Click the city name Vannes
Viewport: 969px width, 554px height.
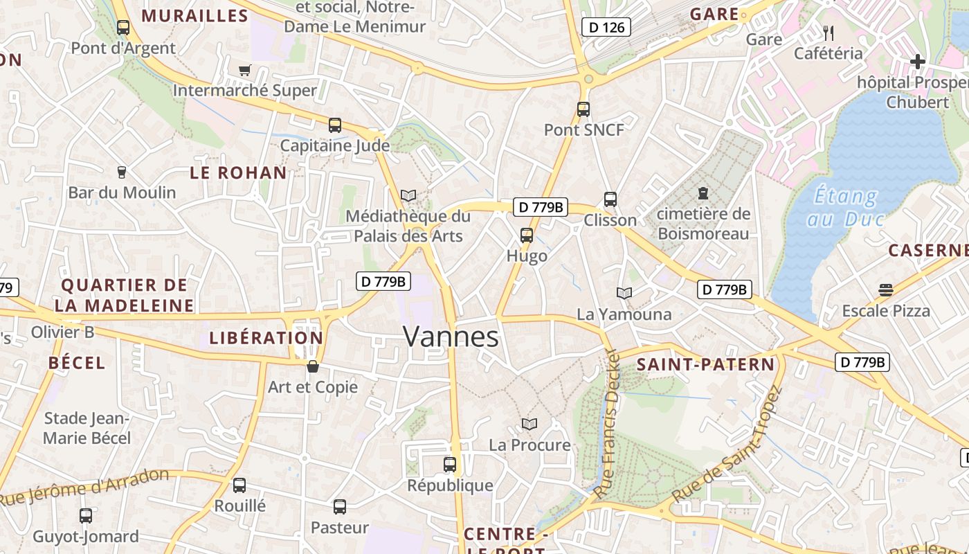pyautogui.click(x=451, y=337)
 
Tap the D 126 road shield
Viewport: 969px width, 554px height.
pyautogui.click(x=606, y=28)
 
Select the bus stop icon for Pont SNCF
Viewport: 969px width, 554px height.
pyautogui.click(x=583, y=109)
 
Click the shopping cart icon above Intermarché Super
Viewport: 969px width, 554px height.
pyautogui.click(x=244, y=70)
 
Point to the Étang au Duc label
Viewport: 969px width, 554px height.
pyautogui.click(x=846, y=208)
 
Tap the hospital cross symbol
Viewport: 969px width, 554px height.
pyautogui.click(x=918, y=62)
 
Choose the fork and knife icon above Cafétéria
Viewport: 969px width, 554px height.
pyautogui.click(x=828, y=33)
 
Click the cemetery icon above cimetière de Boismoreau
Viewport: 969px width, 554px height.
pyautogui.click(x=703, y=193)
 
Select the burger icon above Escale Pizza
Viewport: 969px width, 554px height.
pyautogui.click(x=886, y=289)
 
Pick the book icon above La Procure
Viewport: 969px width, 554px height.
pyautogui.click(x=529, y=424)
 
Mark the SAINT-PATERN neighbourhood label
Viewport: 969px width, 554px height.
pyautogui.click(x=705, y=365)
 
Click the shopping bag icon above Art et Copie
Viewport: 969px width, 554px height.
pyautogui.click(x=313, y=366)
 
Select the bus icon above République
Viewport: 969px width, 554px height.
pyautogui.click(x=450, y=465)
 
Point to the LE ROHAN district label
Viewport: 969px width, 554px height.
pyautogui.click(x=238, y=173)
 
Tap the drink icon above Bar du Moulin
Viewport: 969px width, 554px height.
pyautogui.click(x=122, y=172)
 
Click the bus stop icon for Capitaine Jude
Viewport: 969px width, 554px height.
pyautogui.click(x=335, y=125)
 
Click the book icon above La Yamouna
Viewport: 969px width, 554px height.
pyautogui.click(x=624, y=294)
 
